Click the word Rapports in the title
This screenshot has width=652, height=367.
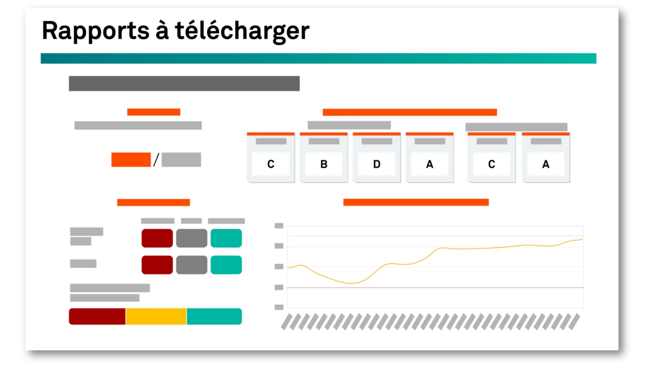95,31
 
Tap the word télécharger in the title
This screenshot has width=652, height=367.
242,31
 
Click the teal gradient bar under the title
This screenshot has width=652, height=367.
318,58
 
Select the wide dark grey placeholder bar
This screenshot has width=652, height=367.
184,84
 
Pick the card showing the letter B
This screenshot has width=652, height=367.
324,158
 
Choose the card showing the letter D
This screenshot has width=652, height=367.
377,158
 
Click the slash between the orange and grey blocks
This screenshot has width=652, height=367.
156,160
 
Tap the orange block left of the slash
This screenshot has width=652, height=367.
131,160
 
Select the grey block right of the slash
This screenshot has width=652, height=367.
181,160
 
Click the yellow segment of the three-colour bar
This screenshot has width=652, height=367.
156,316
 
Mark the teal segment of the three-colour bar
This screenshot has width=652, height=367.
214,316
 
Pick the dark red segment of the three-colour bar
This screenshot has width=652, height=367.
97,316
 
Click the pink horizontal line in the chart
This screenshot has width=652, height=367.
436,288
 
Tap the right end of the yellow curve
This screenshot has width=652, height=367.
583,239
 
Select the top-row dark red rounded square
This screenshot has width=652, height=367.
157,238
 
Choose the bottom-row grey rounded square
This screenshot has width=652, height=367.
192,265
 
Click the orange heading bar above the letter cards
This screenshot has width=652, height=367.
410,112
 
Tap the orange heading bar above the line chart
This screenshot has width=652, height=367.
416,202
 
